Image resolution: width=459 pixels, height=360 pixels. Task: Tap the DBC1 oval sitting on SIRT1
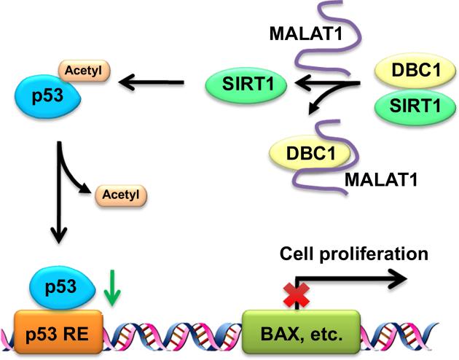(409, 72)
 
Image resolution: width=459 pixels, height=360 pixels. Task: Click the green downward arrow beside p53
(110, 289)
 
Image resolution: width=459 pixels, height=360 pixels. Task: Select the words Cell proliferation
(353, 254)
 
